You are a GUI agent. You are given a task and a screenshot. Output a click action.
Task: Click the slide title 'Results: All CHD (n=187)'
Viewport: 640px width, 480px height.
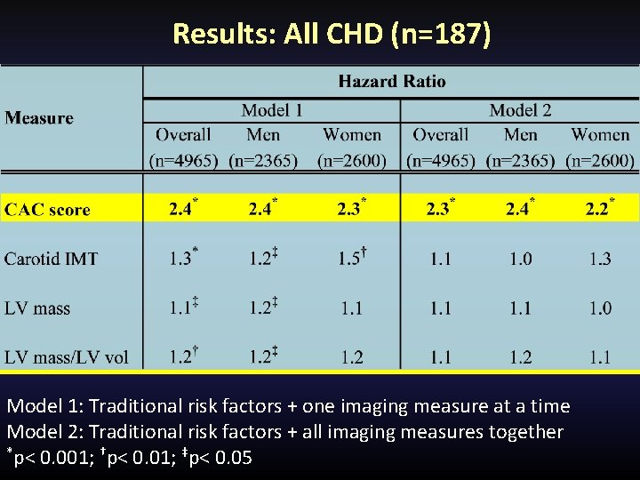click(x=331, y=34)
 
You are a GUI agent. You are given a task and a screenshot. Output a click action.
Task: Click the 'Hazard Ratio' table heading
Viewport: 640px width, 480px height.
click(x=392, y=82)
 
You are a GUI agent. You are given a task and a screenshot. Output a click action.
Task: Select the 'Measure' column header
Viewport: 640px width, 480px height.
click(x=39, y=118)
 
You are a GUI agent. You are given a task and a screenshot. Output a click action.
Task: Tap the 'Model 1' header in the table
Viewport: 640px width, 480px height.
click(x=272, y=110)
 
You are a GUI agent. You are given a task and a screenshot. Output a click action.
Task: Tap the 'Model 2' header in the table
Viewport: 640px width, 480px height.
click(x=520, y=110)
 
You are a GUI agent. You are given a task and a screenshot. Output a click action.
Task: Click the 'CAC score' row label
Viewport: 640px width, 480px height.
click(x=48, y=210)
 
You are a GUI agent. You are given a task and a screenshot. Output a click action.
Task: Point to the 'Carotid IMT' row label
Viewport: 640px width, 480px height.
click(x=51, y=259)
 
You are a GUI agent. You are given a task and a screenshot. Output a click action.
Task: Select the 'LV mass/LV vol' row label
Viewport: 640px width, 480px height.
click(x=67, y=357)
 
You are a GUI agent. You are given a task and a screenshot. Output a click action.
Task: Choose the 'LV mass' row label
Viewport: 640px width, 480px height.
click(x=37, y=308)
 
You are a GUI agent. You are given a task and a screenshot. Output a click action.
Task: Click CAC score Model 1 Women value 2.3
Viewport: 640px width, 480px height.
click(x=350, y=209)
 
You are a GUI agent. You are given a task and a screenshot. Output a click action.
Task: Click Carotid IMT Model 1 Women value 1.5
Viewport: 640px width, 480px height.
click(x=350, y=259)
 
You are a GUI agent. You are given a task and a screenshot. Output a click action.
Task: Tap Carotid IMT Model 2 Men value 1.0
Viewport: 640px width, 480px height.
click(x=521, y=259)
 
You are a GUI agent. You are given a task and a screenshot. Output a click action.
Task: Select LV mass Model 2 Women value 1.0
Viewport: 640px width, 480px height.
click(x=600, y=308)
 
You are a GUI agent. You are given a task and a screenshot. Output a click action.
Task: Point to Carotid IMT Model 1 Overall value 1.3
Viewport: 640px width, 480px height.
click(x=180, y=259)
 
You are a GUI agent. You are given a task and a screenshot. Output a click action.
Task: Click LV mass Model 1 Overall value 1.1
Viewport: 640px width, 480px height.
click(x=180, y=308)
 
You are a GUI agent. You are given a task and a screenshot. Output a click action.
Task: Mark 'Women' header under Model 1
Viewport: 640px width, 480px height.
click(x=352, y=135)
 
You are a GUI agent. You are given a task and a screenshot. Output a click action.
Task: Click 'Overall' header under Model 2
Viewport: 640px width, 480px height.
click(x=440, y=135)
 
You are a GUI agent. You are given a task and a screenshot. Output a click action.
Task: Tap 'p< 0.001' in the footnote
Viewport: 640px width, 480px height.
click(x=48, y=458)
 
